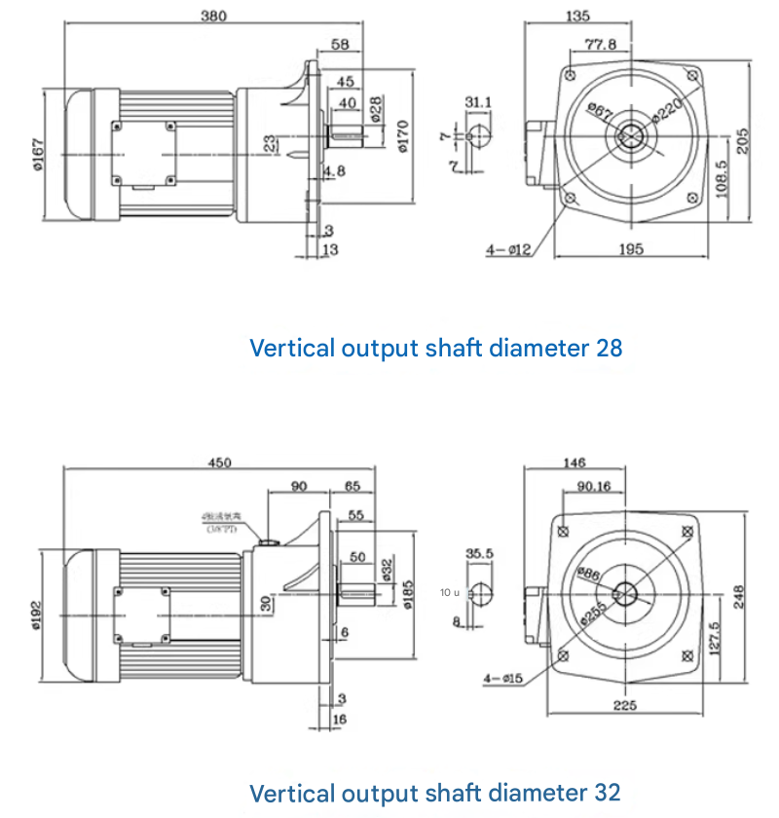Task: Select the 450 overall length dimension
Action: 220,463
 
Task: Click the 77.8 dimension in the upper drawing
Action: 600,44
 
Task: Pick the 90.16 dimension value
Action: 593,486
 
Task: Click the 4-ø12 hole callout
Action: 507,250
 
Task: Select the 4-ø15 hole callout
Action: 501,677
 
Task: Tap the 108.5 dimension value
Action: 722,179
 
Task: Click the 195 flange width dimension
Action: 630,250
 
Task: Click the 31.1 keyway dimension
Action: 478,101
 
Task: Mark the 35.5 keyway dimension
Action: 479,553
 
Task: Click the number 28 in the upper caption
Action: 608,348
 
